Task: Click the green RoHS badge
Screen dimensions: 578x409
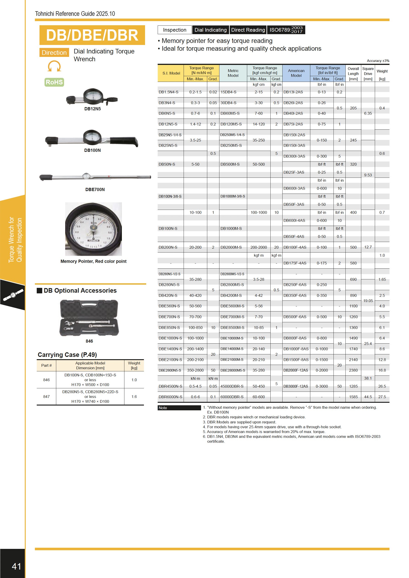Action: point(54,82)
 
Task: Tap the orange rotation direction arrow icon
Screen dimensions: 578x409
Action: point(54,66)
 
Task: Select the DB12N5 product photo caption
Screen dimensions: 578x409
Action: point(92,109)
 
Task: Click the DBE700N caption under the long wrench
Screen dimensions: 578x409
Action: point(95,189)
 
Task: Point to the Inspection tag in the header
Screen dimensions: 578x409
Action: point(174,30)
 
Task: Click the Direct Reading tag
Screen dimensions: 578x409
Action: point(248,30)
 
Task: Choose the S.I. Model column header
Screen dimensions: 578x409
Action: point(171,73)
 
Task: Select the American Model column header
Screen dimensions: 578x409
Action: point(296,73)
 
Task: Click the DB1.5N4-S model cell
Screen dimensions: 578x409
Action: point(168,92)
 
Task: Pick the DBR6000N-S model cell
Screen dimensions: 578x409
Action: point(170,397)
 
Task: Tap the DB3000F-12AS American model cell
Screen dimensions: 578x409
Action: point(295,386)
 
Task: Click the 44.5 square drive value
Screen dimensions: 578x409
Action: point(368,397)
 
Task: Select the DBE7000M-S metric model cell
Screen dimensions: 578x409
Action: point(232,317)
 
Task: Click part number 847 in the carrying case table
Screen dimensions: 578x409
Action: point(46,397)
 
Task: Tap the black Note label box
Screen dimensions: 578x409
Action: point(179,408)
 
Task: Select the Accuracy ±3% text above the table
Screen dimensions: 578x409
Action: point(378,61)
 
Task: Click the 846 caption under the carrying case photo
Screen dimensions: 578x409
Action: point(89,341)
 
